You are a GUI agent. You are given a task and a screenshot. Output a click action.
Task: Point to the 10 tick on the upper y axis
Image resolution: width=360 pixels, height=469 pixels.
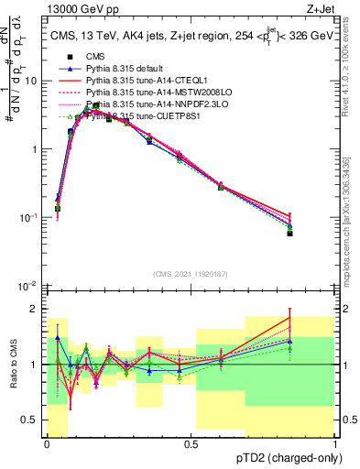pyautogui.click(x=34, y=81)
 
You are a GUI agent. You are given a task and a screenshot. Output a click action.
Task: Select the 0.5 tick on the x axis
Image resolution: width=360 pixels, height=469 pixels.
pyautogui.click(x=191, y=444)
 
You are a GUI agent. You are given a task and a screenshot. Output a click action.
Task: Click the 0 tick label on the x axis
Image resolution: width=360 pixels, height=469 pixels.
pyautogui.click(x=47, y=444)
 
